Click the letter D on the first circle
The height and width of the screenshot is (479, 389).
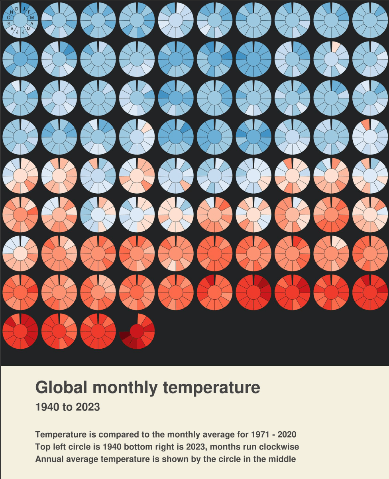pyautogui.click(x=17, y=8)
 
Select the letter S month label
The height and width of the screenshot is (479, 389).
pyautogui.click(x=9, y=24)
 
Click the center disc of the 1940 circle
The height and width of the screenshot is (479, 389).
pyautogui.click(x=20, y=20)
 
